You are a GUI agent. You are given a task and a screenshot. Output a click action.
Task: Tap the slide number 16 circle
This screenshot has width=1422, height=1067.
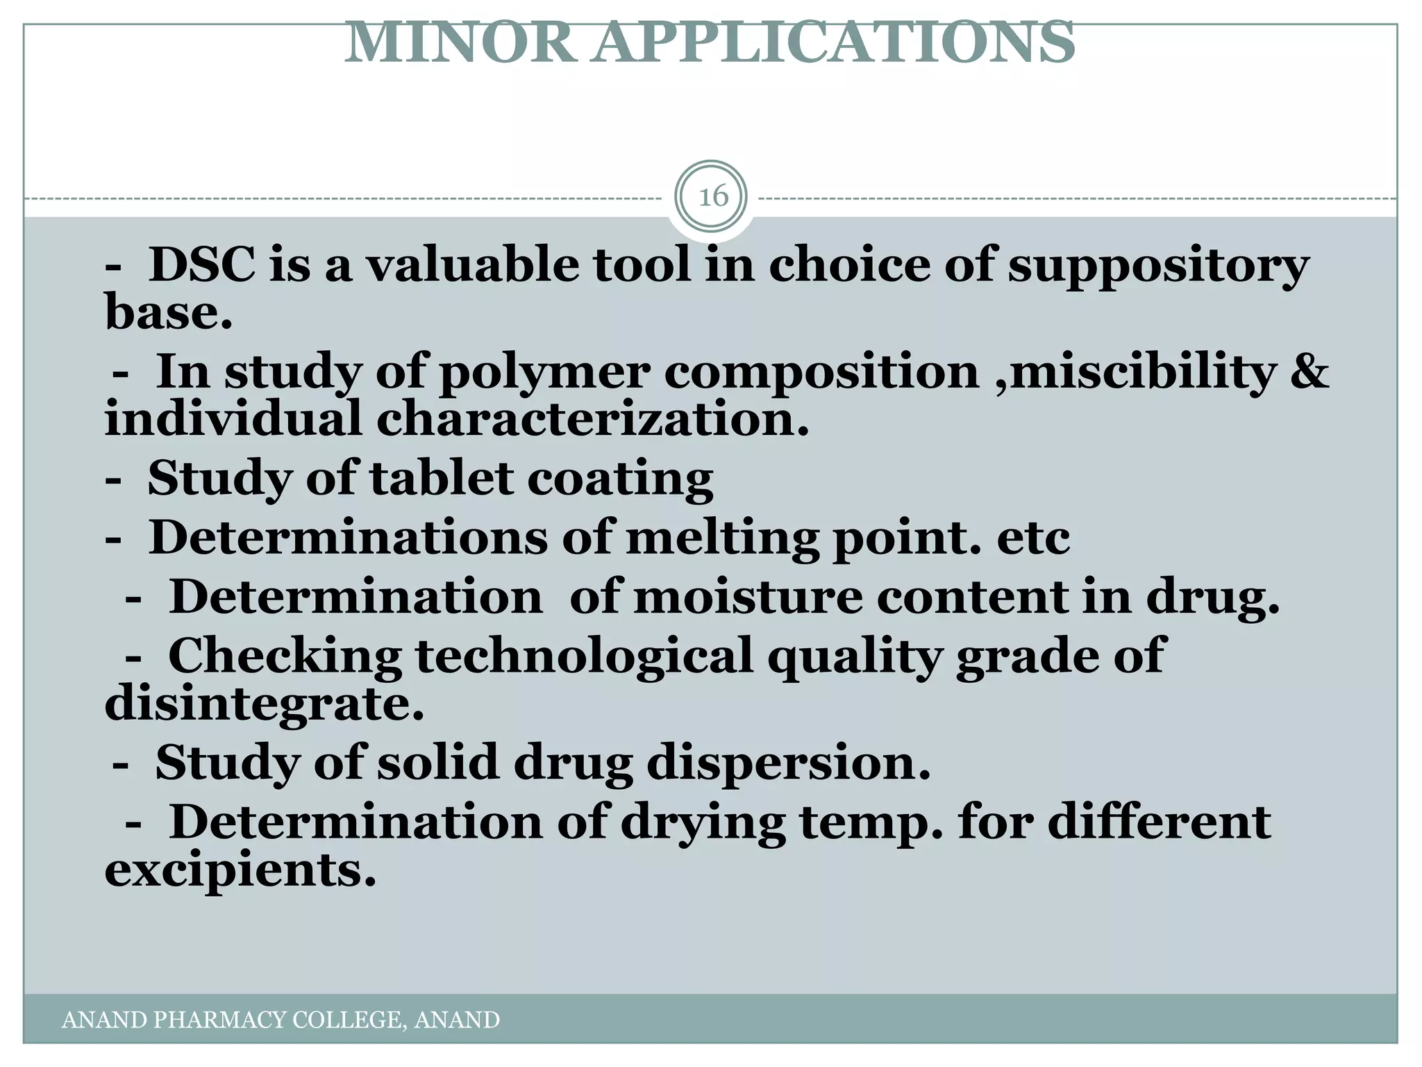(712, 197)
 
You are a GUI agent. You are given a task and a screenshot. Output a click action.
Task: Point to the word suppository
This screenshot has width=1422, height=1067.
(1158, 266)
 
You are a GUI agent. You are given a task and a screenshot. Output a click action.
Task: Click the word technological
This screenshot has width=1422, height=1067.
(584, 656)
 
